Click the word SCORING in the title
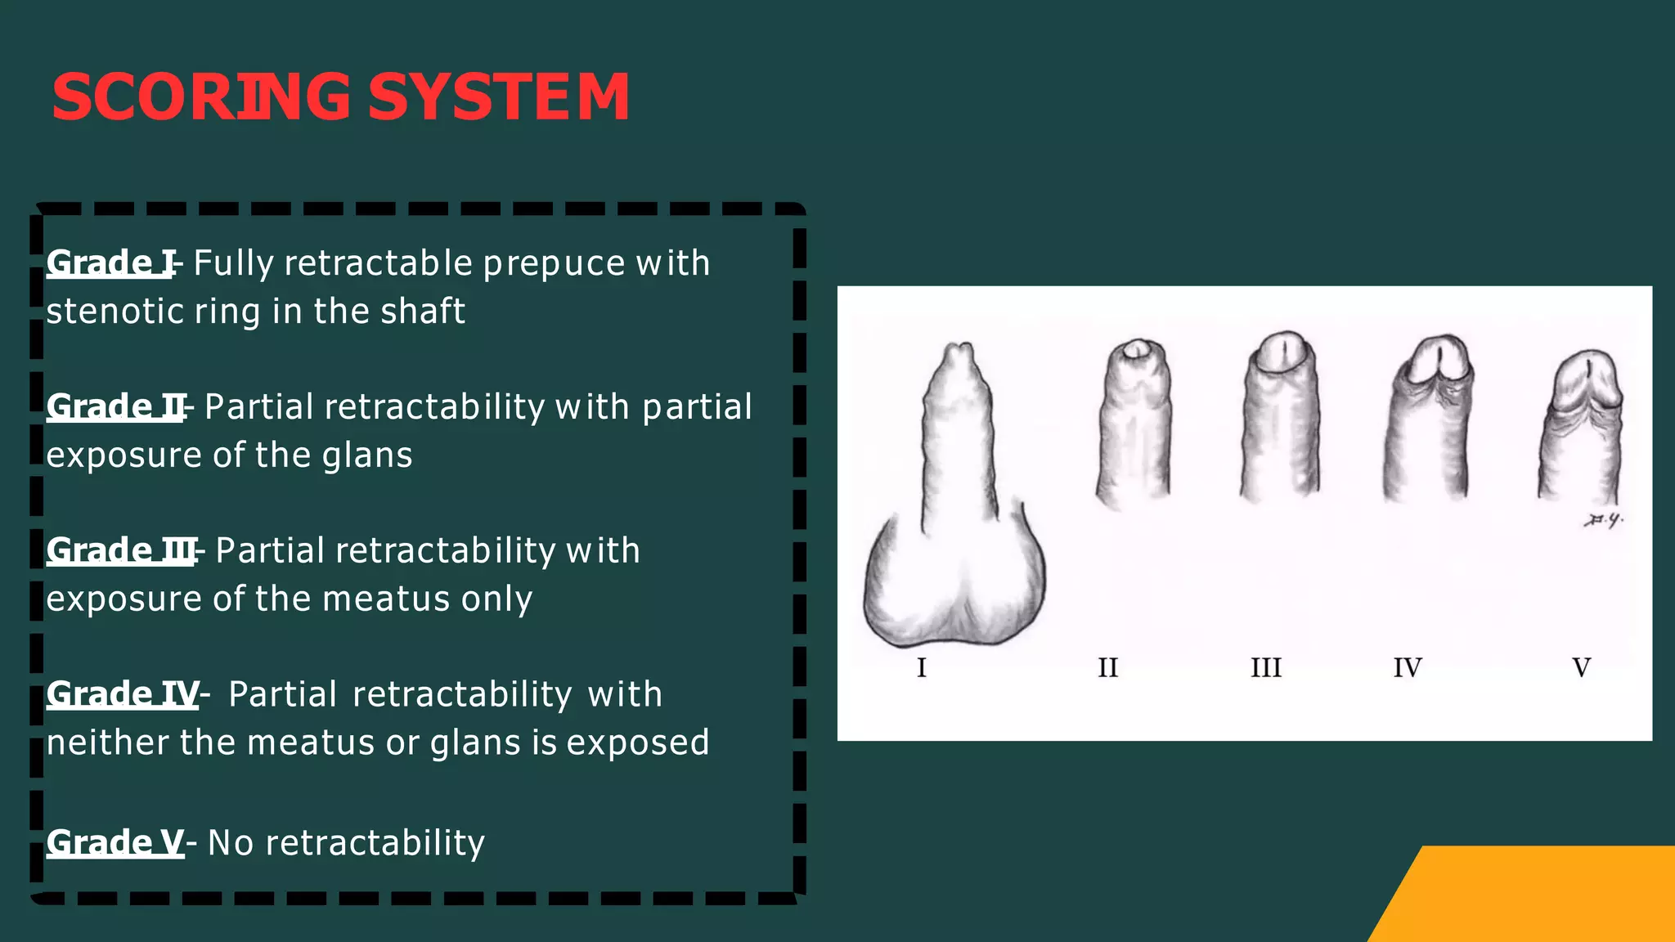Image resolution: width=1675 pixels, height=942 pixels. point(201,97)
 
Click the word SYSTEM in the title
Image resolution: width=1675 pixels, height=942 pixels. point(499,97)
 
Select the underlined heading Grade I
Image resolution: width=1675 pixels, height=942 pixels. point(110,263)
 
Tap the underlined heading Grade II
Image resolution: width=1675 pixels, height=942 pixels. point(115,407)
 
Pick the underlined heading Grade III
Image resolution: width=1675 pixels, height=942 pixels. point(121,551)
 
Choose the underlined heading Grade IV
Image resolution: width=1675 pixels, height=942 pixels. point(123,694)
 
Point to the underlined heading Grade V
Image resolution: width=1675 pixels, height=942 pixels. point(115,843)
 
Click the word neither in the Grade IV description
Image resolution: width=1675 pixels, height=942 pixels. point(106,743)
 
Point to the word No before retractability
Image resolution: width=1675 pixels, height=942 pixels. point(231,843)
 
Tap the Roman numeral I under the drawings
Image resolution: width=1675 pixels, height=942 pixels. point(922,668)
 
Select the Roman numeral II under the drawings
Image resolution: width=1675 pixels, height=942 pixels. point(1107,668)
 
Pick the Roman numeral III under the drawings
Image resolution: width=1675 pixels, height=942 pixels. point(1266,668)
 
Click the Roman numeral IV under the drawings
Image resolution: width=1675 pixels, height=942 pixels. point(1408,668)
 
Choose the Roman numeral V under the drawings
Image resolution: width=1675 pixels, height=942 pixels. point(1582,668)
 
